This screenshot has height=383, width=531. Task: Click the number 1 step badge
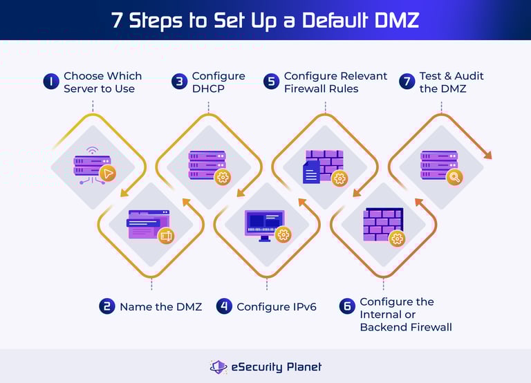coord(51,82)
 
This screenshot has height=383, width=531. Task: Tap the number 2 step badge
coord(106,306)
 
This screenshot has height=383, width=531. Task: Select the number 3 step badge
coord(179,82)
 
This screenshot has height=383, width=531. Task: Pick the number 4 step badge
coord(223,306)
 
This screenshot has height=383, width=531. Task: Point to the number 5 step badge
coord(271,82)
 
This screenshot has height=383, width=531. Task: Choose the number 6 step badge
coord(346,306)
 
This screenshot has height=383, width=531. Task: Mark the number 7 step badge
coord(407,82)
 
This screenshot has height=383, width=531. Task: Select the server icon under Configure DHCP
coord(208,167)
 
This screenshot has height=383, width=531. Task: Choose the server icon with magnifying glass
coord(440,167)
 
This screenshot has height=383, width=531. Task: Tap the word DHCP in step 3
coord(209,88)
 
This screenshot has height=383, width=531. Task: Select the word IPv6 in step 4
coord(301,306)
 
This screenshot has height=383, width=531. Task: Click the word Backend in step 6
coord(384,326)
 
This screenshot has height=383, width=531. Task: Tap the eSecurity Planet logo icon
coord(218,367)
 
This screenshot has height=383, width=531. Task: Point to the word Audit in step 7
coord(469,76)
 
